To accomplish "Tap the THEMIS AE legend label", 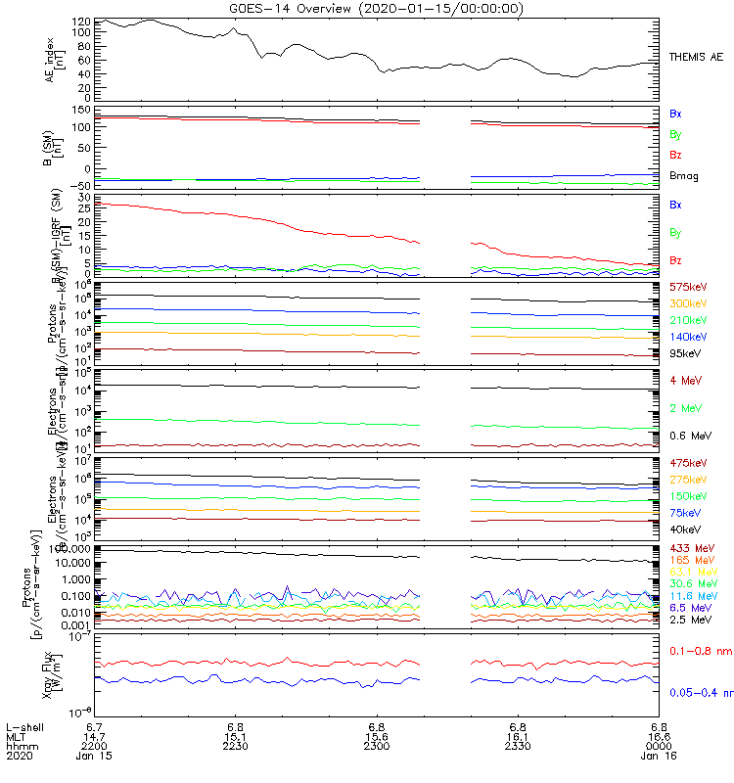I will tap(695, 60).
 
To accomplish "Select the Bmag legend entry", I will tap(682, 176).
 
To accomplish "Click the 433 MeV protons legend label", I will tap(689, 548).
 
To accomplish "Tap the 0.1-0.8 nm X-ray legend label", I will tap(700, 650).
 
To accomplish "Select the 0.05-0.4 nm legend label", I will tap(701, 693).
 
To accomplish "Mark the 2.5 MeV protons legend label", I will tap(688, 620).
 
